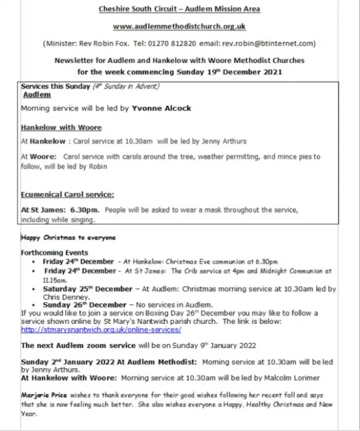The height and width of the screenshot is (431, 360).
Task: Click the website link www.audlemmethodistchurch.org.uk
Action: [x=179, y=27]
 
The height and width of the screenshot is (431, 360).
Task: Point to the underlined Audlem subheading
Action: [x=36, y=95]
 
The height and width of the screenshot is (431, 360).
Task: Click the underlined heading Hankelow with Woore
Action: [x=61, y=128]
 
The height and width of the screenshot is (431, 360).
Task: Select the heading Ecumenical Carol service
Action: [x=67, y=195]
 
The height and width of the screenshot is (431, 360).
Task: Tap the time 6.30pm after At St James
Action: [x=74, y=211]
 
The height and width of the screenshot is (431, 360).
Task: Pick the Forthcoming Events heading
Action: [x=54, y=253]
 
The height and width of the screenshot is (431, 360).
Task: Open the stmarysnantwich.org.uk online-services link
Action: [x=100, y=329]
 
